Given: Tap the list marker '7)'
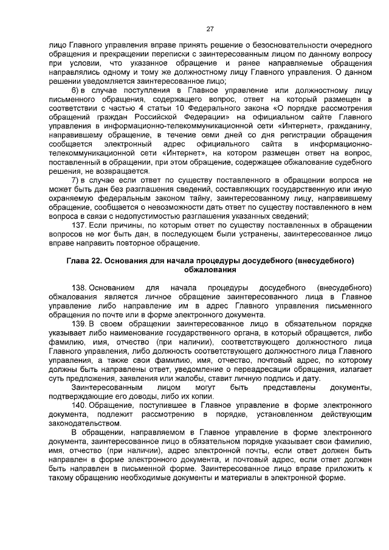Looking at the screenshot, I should pos(77,180).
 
